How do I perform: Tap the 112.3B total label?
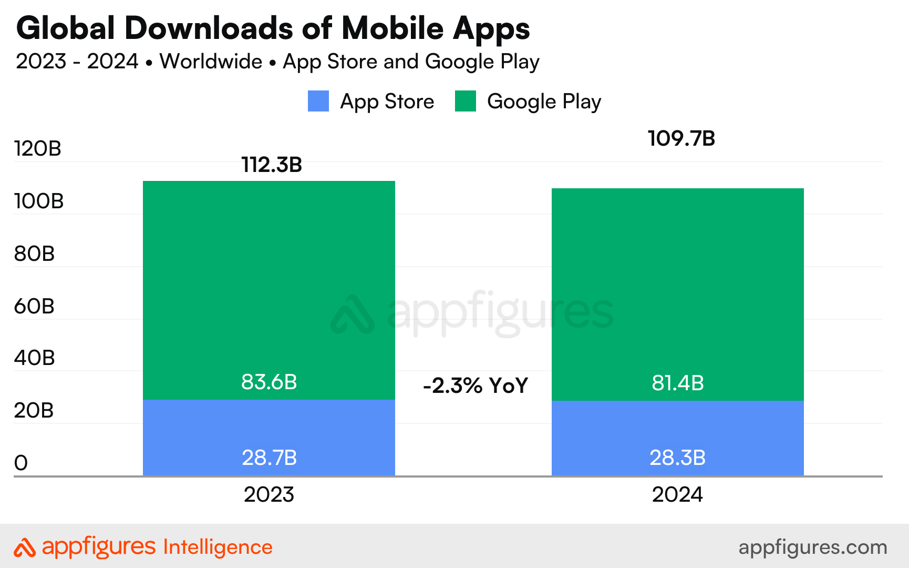click(x=272, y=165)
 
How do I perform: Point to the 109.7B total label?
click(x=681, y=139)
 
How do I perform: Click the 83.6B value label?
click(x=269, y=382)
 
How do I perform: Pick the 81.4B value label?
click(x=677, y=383)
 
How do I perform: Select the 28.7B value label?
click(x=269, y=458)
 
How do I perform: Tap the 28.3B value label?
click(x=677, y=458)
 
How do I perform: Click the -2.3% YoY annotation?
click(x=475, y=386)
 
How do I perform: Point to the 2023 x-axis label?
click(x=268, y=495)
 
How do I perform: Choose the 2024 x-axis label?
click(x=677, y=495)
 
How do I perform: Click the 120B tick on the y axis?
click(x=38, y=149)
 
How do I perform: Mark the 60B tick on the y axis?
click(x=34, y=306)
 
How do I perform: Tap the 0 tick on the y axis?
click(x=21, y=463)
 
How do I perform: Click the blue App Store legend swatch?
click(x=318, y=101)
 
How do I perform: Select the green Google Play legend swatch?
click(x=466, y=101)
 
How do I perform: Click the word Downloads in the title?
click(x=209, y=28)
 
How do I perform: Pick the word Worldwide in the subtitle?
click(x=211, y=62)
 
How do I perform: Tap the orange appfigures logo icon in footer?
click(x=24, y=547)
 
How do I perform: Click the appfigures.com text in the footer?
click(x=812, y=547)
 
